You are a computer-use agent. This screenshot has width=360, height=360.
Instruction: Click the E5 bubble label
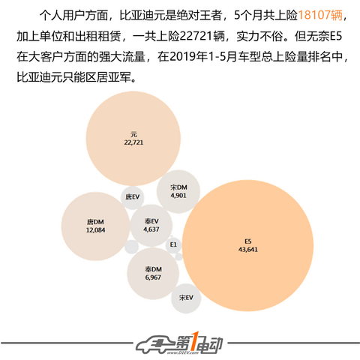point(247,241)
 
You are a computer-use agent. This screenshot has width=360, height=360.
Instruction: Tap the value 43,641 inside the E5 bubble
point(247,250)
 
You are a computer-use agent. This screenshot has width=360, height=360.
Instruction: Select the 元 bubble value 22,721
point(133,142)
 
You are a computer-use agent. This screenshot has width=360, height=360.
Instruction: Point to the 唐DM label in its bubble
point(95,222)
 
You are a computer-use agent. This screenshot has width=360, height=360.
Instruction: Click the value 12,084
point(95,230)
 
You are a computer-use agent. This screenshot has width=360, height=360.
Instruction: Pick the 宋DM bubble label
point(178,187)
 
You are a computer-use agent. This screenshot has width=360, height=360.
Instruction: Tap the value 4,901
point(178,196)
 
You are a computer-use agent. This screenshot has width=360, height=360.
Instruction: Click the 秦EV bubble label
point(151,221)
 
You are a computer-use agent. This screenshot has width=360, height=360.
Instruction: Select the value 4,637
point(151,229)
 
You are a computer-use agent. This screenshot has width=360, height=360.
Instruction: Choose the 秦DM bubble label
point(153,269)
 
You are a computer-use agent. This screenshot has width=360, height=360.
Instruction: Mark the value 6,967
point(153,277)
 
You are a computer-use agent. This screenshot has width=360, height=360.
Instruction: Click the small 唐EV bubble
point(132,197)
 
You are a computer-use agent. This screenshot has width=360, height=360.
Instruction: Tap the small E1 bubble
point(173,244)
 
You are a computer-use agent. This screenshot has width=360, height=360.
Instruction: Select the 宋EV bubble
point(186,298)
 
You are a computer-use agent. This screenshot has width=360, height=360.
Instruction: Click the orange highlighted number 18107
point(314,16)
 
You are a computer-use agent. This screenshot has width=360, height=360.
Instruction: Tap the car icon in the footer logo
point(155,344)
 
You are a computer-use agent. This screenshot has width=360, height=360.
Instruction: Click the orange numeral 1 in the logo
point(195,341)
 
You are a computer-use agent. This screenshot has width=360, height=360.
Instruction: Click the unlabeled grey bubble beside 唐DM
point(131,247)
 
